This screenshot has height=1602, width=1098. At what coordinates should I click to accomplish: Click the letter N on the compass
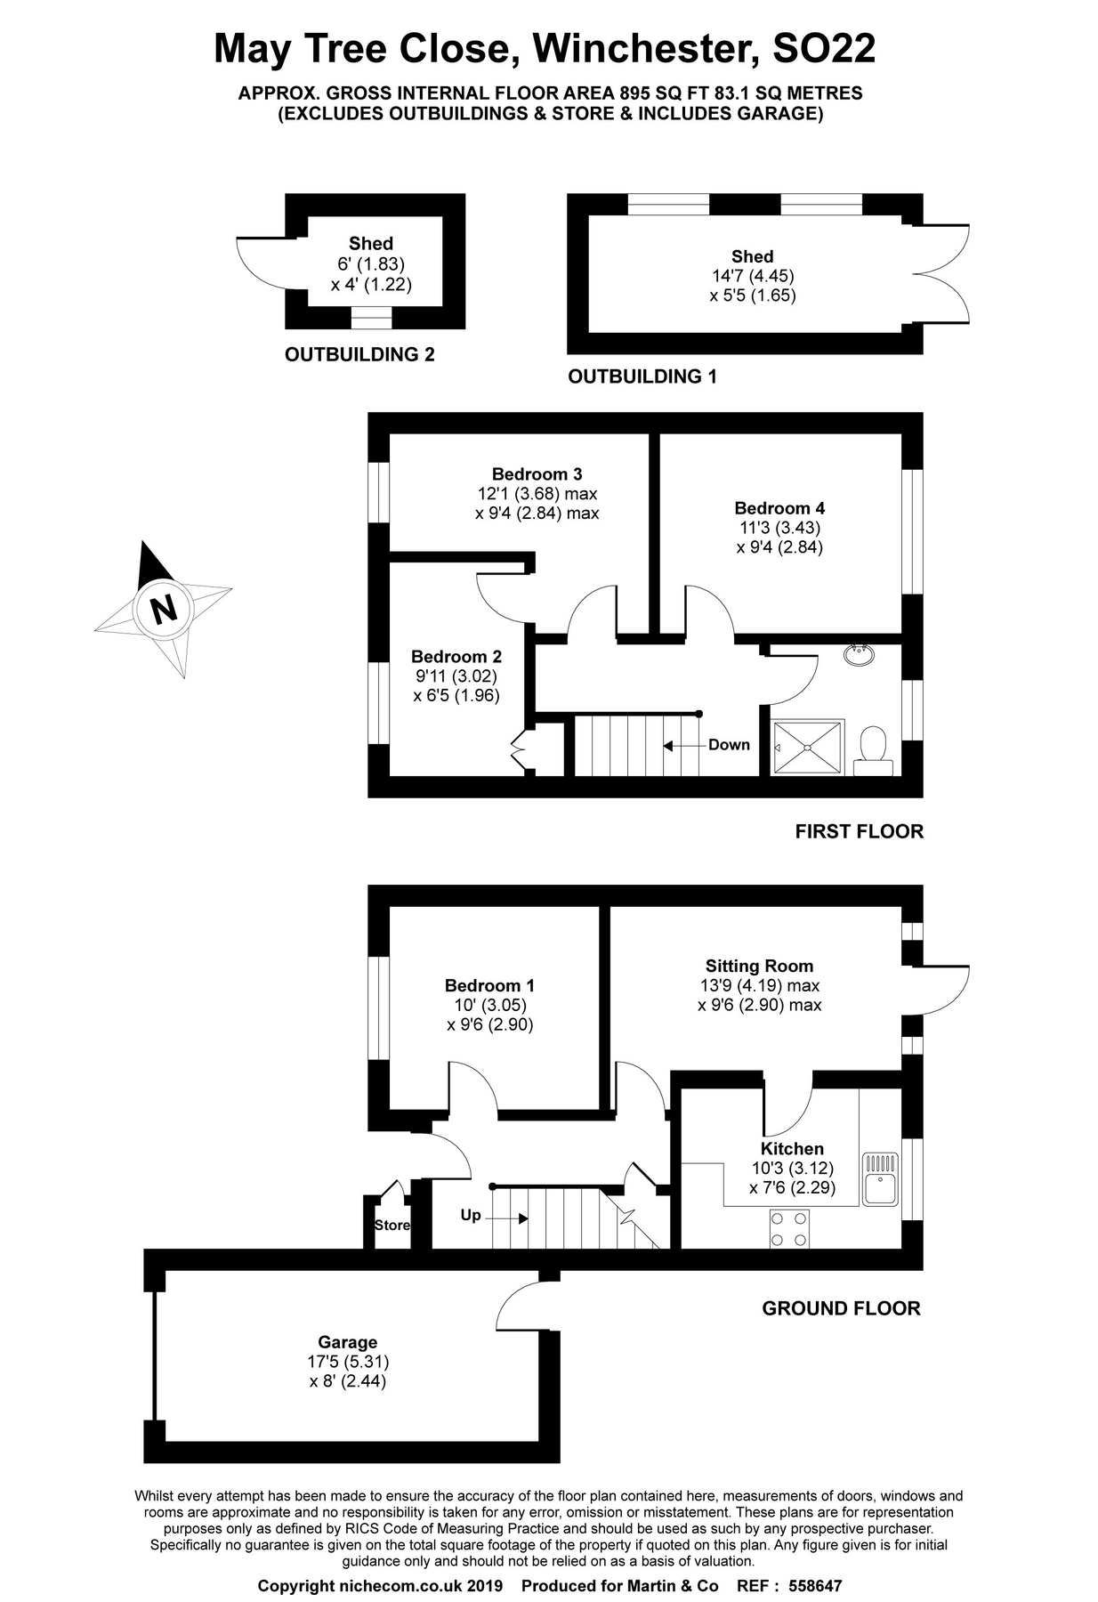pyautogui.click(x=164, y=611)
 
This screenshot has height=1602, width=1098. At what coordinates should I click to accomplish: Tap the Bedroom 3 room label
pyautogui.click(x=537, y=473)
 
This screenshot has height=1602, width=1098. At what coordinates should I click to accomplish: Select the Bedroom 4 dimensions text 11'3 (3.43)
pyautogui.click(x=779, y=528)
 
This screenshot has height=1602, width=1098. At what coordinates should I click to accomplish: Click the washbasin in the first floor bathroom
pyautogui.click(x=859, y=655)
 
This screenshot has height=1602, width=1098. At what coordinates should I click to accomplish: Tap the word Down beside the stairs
pyautogui.click(x=729, y=745)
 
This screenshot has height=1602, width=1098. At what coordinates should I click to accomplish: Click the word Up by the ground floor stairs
pyautogui.click(x=471, y=1215)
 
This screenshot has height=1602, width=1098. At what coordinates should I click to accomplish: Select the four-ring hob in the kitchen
pyautogui.click(x=789, y=1229)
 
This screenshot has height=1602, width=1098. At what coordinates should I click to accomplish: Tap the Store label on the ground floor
pyautogui.click(x=392, y=1226)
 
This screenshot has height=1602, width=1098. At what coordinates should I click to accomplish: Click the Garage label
pyautogui.click(x=348, y=1342)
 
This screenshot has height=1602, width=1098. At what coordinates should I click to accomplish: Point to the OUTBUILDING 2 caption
pyautogui.click(x=359, y=354)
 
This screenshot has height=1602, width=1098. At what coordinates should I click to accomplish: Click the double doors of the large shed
pyautogui.click(x=945, y=274)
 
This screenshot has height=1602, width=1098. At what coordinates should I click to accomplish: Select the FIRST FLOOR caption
pyautogui.click(x=859, y=831)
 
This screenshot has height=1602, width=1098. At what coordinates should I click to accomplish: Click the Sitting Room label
pyautogui.click(x=759, y=966)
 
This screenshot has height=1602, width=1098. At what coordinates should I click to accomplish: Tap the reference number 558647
pyautogui.click(x=814, y=1586)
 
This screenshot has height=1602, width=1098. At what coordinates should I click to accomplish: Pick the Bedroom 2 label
pyautogui.click(x=456, y=657)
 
